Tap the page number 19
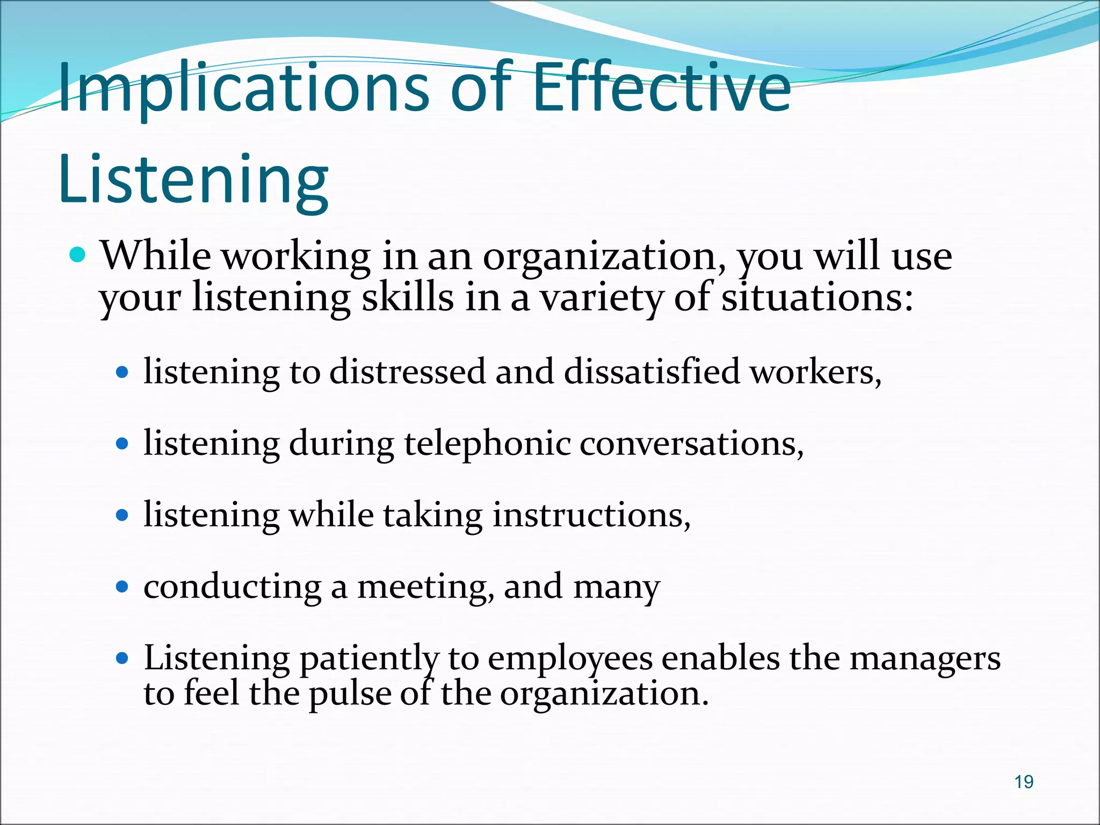click(1024, 782)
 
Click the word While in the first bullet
click(156, 256)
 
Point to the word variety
click(601, 298)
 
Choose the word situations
click(816, 298)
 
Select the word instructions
click(591, 515)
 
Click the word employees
click(570, 658)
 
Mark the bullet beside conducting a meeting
click(122, 587)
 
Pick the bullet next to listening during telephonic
click(122, 444)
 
